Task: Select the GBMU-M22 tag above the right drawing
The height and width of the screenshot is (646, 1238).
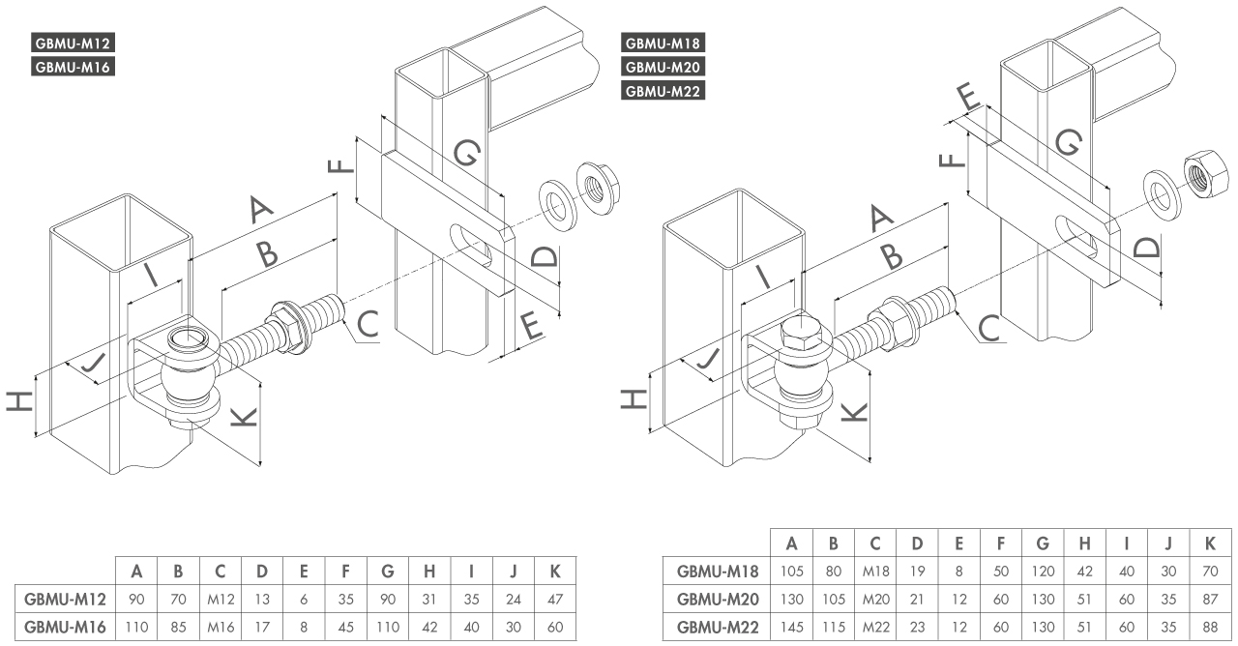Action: (x=663, y=92)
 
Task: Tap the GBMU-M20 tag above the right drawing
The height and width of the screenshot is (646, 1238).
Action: (x=663, y=68)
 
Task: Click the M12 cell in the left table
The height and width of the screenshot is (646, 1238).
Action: (x=221, y=599)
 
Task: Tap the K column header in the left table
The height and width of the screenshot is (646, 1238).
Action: (x=555, y=572)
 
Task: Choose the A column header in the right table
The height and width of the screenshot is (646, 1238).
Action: (x=791, y=543)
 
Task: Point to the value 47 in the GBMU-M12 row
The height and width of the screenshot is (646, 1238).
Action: (x=555, y=599)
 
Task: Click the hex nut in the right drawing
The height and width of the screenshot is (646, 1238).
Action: (x=1202, y=178)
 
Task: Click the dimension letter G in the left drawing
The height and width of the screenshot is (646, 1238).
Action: (x=465, y=153)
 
